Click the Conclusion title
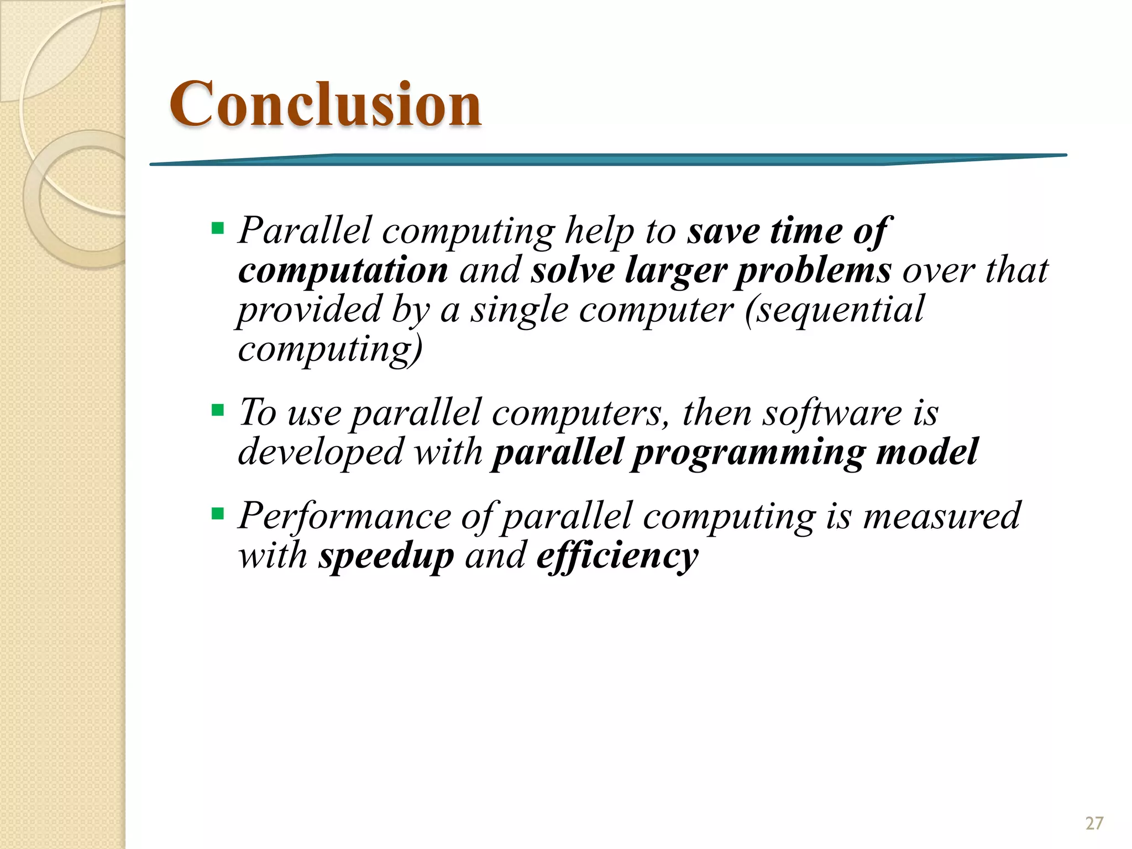[325, 104]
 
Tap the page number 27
[1094, 824]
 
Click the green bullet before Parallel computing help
[218, 228]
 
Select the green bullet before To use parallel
[218, 410]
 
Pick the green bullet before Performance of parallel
[218, 513]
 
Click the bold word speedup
[386, 555]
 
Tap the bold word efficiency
[617, 555]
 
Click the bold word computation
[343, 271]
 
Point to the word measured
[942, 516]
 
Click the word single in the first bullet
[519, 310]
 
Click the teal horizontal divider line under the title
[608, 160]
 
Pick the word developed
[321, 452]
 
